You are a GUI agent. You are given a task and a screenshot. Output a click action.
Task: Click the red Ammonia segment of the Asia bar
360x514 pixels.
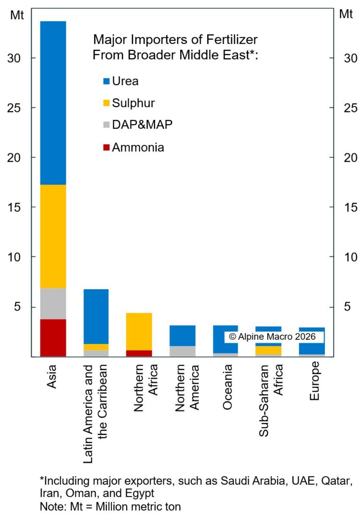click(52, 337)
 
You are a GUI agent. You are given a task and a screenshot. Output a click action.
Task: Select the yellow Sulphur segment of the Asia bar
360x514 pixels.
click(52, 236)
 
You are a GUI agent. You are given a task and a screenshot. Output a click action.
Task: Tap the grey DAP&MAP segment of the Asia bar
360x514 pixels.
click(52, 303)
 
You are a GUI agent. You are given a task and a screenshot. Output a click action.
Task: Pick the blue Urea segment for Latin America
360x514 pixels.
click(96, 316)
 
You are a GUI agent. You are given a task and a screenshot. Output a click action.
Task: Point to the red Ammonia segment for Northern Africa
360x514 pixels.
click(139, 353)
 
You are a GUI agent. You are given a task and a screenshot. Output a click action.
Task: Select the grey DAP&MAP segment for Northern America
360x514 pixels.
click(182, 351)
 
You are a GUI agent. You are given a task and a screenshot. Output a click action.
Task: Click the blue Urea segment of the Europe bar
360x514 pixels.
click(312, 341)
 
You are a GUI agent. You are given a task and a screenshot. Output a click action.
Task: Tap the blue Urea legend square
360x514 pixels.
click(106, 82)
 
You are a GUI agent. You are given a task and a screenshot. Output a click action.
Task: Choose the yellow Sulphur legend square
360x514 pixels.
click(106, 103)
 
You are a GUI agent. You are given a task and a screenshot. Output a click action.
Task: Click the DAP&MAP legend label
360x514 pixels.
click(139, 125)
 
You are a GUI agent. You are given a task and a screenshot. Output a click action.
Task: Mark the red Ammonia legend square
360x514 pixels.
click(106, 148)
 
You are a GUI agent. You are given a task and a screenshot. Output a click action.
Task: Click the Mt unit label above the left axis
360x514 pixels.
click(17, 14)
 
